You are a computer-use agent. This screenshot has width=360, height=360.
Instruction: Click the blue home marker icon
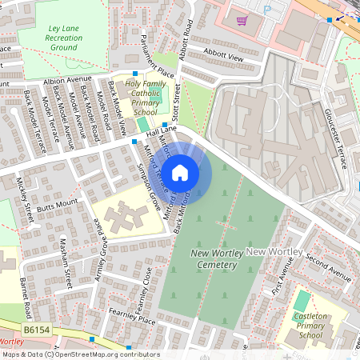[x=180, y=172]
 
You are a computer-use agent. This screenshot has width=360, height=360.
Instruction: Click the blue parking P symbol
[x=268, y=9]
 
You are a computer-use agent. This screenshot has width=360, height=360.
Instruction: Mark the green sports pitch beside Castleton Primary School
[x=302, y=301]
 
